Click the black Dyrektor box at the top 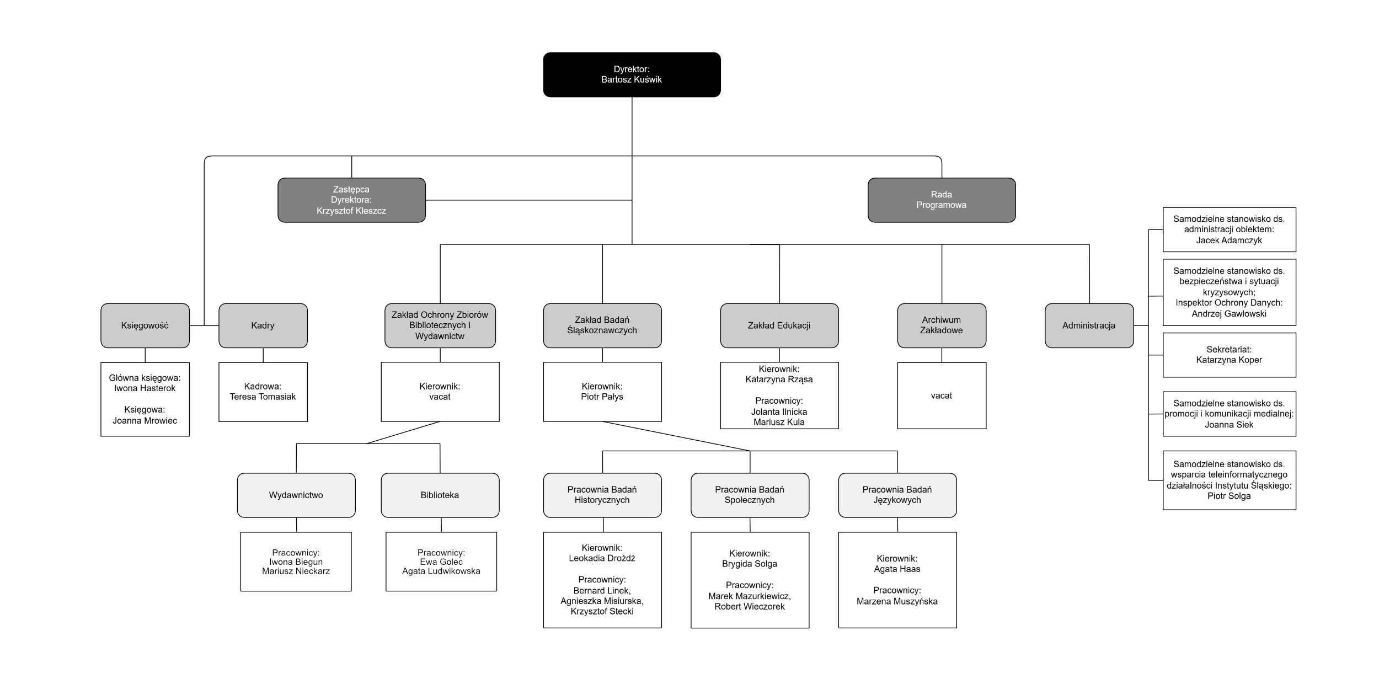[632, 74]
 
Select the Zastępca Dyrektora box [351, 200]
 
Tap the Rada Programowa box [941, 200]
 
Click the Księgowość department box [145, 325]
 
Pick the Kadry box [263, 325]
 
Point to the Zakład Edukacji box [779, 325]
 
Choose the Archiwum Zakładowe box [941, 325]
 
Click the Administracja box [1089, 325]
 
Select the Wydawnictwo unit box [296, 495]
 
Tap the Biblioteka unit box [440, 495]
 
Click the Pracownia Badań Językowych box [897, 495]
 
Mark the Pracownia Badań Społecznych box [750, 495]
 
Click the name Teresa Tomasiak [263, 397]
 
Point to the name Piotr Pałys [602, 397]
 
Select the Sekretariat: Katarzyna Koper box [1229, 355]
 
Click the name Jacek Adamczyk [1229, 240]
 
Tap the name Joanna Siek [1229, 424]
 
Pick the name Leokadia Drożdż [602, 558]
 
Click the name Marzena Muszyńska [897, 601]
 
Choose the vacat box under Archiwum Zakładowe [941, 396]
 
